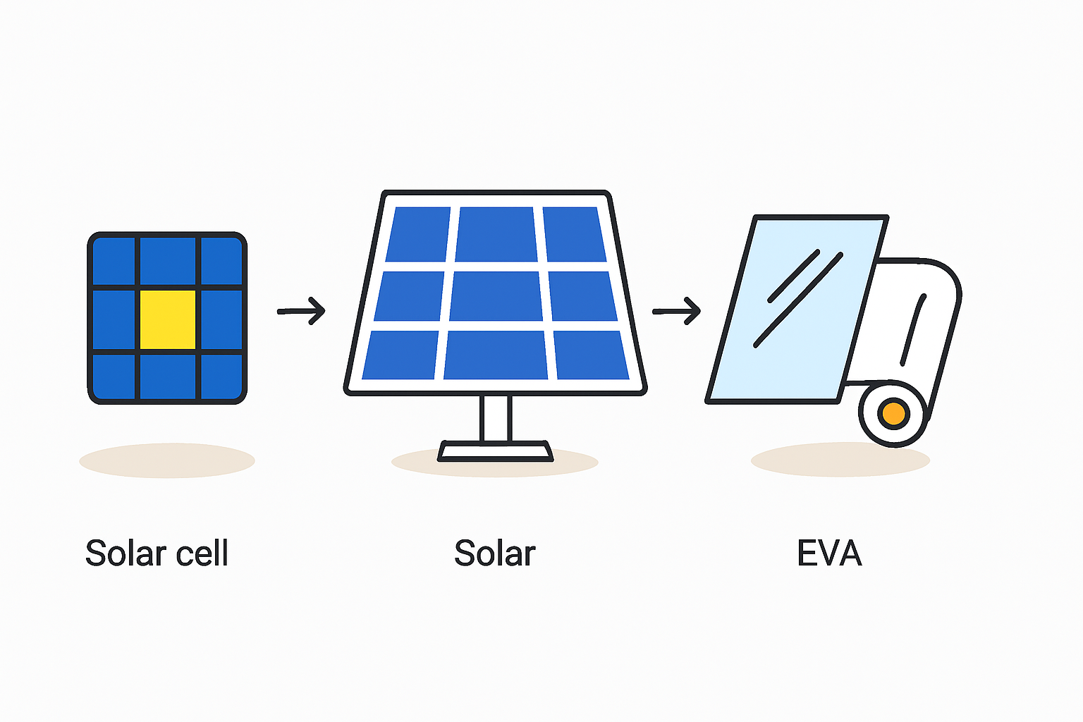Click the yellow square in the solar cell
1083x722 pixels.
point(168,319)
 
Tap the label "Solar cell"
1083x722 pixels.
point(157,552)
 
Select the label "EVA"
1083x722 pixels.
point(829,553)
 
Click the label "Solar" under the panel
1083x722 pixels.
point(494,553)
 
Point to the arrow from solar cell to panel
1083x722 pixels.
point(301,311)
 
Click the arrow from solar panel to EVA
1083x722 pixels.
point(676,311)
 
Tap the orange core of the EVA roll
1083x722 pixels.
point(893,413)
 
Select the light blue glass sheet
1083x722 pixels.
point(797,310)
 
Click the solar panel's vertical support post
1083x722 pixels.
point(496,418)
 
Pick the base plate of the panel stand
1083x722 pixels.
point(495,451)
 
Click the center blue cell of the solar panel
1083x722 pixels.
point(496,296)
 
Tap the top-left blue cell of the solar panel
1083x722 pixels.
point(418,234)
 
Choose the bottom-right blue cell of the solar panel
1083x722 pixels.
point(592,355)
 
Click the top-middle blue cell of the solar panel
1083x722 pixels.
point(496,234)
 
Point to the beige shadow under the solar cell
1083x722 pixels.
point(167,460)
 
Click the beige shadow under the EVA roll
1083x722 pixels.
point(840,460)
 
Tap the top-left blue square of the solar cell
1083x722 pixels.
point(114,261)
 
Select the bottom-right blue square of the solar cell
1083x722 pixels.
point(221,377)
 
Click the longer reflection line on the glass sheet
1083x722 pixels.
point(798,300)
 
